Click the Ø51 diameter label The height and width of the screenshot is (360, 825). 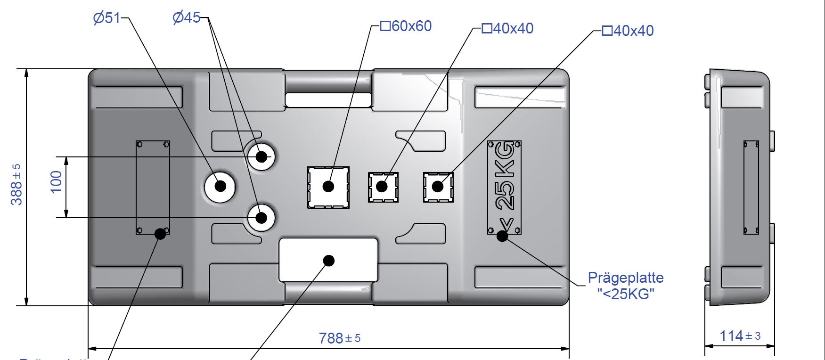(106, 18)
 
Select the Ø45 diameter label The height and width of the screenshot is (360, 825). (187, 18)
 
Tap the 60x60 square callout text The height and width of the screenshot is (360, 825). (406, 26)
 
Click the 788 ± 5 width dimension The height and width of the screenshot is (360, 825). (339, 338)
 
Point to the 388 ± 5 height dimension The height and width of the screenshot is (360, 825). (16, 184)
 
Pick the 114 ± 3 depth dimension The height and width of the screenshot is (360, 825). (740, 336)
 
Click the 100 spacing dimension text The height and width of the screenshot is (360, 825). (56, 182)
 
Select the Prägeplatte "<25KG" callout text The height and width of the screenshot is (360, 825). (626, 286)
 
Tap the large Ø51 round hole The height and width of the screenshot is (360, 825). (220, 187)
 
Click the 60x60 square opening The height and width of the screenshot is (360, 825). (328, 187)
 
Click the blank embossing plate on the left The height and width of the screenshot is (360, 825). (153, 187)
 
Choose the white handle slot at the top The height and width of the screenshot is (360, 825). (328, 99)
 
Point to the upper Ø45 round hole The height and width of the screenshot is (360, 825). (261, 156)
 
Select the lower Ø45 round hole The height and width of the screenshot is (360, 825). (261, 218)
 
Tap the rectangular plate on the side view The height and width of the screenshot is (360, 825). (751, 187)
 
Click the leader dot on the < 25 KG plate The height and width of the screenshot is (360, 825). (503, 236)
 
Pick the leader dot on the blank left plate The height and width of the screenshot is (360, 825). (160, 233)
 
